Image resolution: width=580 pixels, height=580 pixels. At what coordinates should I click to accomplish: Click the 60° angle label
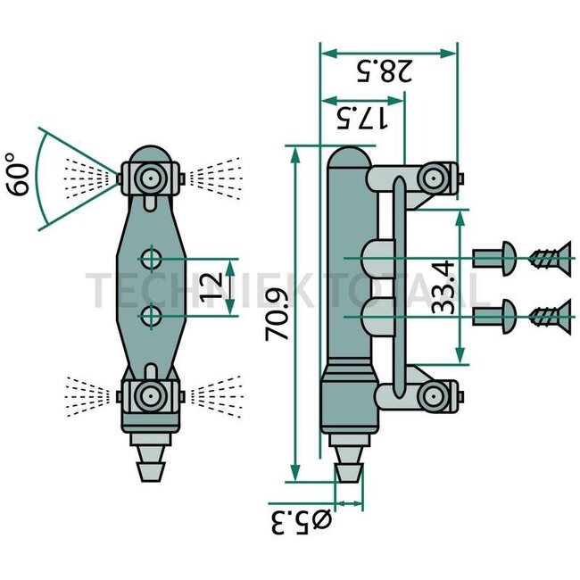20,173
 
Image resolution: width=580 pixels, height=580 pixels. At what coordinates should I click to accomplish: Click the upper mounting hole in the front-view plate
151,260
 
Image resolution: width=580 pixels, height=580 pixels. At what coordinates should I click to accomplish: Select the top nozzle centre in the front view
150,178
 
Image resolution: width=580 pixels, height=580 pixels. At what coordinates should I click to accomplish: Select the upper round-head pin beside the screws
493,260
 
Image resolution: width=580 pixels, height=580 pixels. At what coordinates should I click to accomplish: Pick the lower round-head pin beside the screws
493,314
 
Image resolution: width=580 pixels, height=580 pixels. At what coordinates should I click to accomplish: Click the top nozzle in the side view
436,178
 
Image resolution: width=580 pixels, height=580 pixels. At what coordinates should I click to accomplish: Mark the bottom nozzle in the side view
436,394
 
